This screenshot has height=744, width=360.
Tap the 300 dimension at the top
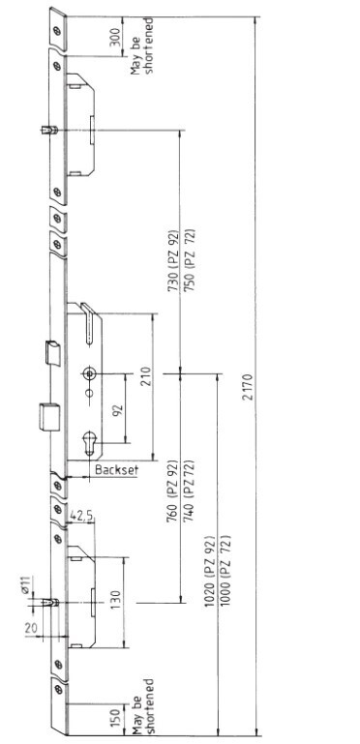click(115, 37)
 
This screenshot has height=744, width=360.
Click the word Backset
click(117, 470)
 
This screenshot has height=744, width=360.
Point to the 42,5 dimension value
click(80, 516)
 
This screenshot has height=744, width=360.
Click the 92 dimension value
click(117, 408)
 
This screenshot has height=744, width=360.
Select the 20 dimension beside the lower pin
click(31, 628)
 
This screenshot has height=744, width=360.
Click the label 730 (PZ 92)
click(173, 261)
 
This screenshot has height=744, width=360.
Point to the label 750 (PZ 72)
click(190, 261)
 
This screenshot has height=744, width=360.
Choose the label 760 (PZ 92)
click(173, 491)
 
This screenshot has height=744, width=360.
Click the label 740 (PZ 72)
click(189, 491)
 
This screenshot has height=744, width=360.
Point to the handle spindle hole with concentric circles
click(90, 373)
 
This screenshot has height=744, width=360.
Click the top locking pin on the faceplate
click(49, 130)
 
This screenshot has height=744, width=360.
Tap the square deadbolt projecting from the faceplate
click(49, 417)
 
